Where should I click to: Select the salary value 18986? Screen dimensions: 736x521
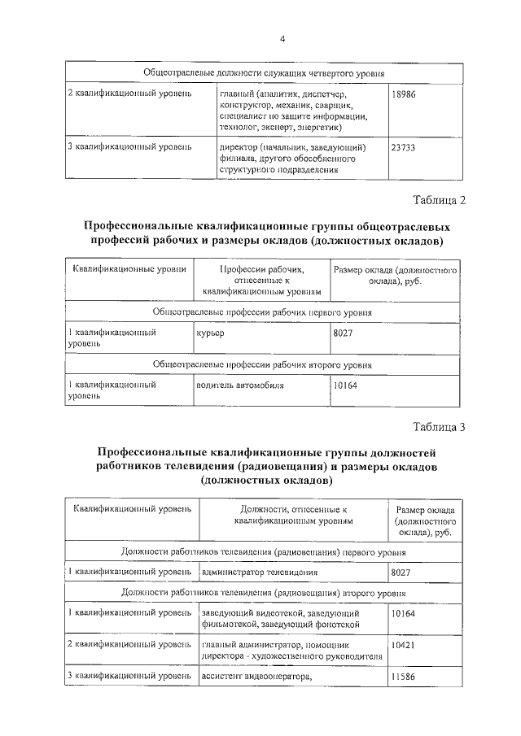tap(404, 95)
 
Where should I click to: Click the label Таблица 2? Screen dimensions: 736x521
tap(439, 200)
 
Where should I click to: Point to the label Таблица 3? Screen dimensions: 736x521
tap(439, 427)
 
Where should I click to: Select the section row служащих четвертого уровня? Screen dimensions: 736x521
tap(264, 73)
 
